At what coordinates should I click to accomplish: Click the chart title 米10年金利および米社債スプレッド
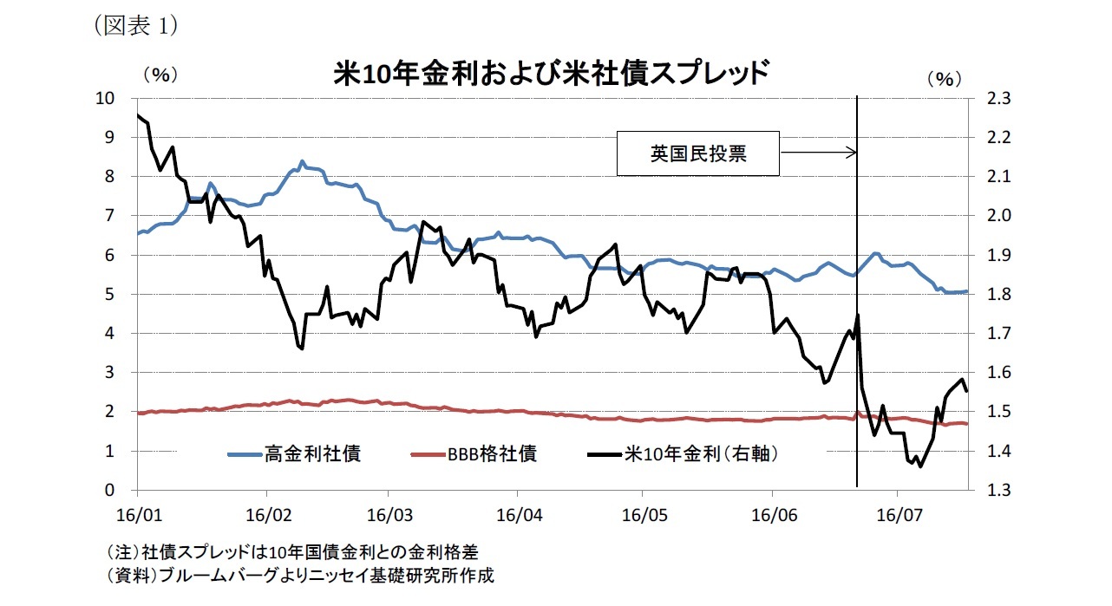tap(552, 73)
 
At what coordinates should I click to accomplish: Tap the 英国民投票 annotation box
tap(697, 153)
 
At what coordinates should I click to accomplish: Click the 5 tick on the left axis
tap(109, 294)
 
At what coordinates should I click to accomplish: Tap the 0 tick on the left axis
tap(109, 490)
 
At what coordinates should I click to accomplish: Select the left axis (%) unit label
tap(160, 75)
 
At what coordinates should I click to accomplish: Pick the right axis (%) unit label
tap(945, 79)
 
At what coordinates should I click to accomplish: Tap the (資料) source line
tap(304, 575)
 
